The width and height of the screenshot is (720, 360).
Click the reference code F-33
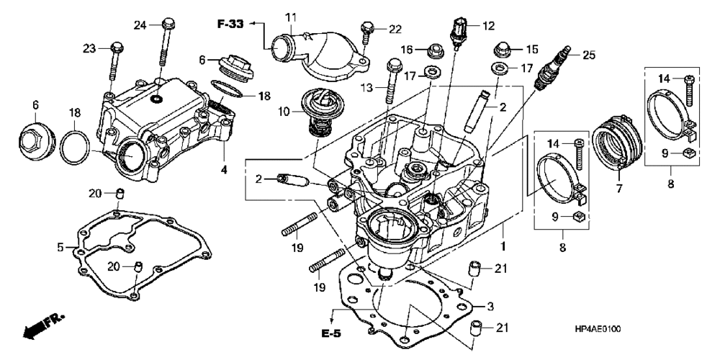230,24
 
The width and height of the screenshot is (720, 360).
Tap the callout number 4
224,169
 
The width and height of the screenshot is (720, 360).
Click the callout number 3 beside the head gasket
490,306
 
